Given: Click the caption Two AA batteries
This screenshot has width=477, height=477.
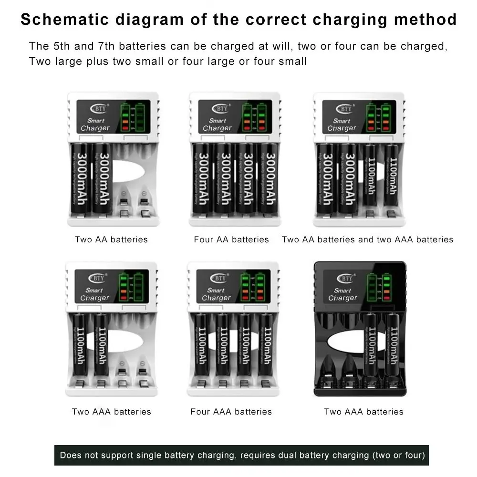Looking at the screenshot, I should (111, 239).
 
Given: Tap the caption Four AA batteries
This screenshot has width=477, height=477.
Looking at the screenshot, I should (231, 239).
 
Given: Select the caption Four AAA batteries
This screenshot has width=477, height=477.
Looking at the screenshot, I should (231, 412).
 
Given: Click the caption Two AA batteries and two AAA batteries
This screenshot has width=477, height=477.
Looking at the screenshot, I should (367, 239).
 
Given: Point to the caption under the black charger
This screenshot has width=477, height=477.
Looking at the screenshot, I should (363, 412).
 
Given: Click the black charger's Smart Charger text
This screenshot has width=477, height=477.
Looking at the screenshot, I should (342, 294).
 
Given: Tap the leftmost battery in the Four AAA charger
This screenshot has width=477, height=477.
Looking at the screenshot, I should (201, 351).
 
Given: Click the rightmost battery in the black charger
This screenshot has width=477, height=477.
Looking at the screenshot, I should (394, 351).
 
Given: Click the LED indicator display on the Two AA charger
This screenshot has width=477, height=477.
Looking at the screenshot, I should (133, 117).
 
